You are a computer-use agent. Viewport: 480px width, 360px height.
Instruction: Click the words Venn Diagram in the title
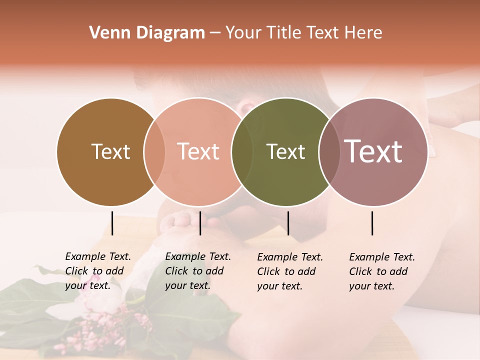[147, 33]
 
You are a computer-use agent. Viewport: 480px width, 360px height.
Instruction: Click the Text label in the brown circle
[111, 151]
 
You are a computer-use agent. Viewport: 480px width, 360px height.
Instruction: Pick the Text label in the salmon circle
[198, 151]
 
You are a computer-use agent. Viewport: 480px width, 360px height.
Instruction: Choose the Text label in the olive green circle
[285, 151]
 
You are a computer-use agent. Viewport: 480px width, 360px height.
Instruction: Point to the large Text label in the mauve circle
[373, 151]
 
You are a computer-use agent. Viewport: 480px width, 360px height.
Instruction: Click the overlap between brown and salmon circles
[154, 151]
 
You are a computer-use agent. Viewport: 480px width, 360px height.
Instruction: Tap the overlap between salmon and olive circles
[242, 151]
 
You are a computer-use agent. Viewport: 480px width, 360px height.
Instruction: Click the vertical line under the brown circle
[112, 223]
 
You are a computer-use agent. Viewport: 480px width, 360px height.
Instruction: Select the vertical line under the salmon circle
[200, 223]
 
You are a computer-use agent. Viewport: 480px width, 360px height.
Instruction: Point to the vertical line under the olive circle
[288, 223]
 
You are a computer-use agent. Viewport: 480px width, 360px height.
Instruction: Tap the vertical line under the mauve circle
[372, 223]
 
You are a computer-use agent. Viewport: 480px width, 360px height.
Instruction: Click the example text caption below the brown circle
[97, 271]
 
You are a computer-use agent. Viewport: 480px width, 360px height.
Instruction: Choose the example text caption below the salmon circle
[197, 271]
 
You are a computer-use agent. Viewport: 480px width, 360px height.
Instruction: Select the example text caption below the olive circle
[289, 271]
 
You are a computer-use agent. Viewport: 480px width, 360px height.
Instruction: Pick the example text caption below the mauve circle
[381, 271]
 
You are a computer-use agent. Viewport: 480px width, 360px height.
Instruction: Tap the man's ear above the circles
[245, 106]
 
